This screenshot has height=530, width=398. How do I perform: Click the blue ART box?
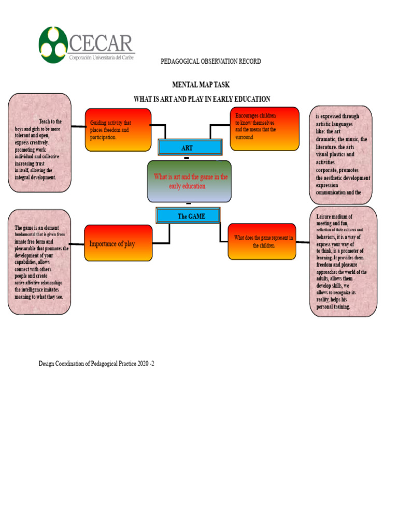point(190,148)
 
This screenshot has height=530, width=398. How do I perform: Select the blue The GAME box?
point(188,216)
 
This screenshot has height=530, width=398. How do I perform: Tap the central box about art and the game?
point(190,181)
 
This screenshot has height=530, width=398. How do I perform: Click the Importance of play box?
point(118,243)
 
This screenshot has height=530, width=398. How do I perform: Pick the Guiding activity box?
point(118,130)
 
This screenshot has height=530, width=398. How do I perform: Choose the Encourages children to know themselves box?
point(264,128)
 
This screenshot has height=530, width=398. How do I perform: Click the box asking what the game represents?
point(262,242)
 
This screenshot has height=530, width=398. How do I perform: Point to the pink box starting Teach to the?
point(39,143)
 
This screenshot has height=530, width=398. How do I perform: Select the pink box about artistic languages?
point(341,154)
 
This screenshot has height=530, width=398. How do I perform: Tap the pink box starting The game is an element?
point(39,262)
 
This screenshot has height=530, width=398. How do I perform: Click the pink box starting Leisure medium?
point(343,261)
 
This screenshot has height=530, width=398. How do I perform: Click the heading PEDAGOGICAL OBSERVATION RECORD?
point(211,61)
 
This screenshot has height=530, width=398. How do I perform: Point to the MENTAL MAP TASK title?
point(201,84)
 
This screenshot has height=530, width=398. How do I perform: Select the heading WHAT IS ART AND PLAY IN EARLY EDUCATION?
point(202,99)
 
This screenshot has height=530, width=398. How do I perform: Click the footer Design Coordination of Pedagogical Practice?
point(96,364)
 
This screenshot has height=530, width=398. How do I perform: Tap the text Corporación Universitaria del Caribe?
point(102,58)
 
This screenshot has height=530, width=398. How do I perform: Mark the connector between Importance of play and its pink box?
point(77,244)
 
